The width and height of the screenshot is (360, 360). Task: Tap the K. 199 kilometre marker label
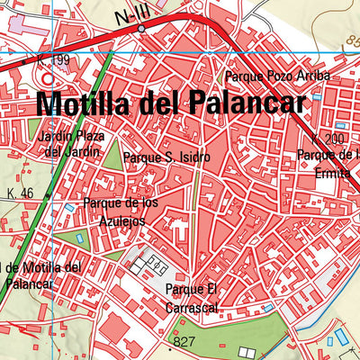coord(53,60)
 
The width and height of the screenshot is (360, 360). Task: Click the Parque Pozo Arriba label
coord(278,76)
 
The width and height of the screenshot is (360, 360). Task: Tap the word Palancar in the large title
coord(241,103)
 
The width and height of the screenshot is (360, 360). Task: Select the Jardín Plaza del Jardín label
coord(71,144)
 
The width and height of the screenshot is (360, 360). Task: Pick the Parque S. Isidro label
coord(167,157)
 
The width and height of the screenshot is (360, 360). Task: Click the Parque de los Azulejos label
coord(120,211)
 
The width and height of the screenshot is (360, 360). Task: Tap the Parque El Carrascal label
coord(193,297)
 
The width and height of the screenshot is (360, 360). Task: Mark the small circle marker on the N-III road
coord(141,30)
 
